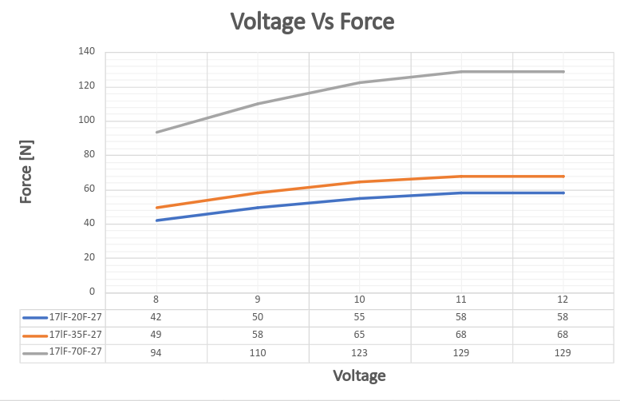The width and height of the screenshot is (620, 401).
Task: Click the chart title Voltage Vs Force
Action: (313, 22)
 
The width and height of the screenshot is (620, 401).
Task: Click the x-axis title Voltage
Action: (358, 375)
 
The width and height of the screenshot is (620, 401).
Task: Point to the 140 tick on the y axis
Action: (86, 52)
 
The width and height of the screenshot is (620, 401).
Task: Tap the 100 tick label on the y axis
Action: (86, 121)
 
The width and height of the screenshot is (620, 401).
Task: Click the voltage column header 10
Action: (360, 300)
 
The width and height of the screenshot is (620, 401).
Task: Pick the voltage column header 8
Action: (156, 300)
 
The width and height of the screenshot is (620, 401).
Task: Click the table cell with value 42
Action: (156, 317)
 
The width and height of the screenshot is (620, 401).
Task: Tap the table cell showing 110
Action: (258, 352)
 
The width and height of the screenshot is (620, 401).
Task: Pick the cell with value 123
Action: (360, 352)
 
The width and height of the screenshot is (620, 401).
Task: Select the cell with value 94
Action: (156, 352)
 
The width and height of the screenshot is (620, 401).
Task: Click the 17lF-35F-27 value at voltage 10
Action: (360, 335)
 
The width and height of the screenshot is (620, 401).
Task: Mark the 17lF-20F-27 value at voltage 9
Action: (258, 317)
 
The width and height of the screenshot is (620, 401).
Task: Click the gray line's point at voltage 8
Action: (156, 132)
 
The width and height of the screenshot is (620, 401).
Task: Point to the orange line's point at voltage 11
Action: (462, 176)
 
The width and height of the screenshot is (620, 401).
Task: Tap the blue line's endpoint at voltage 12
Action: (564, 193)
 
